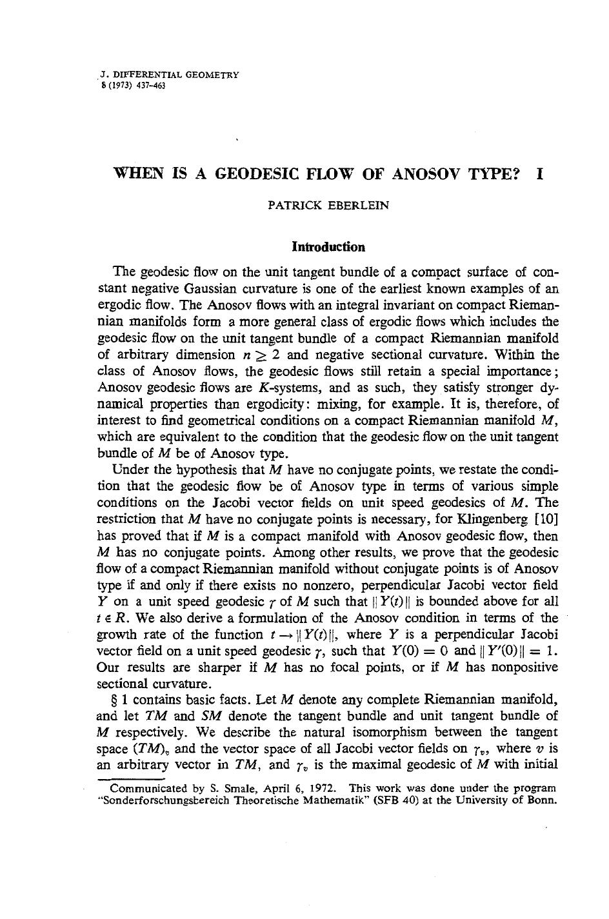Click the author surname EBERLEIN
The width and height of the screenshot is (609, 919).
[x=355, y=206]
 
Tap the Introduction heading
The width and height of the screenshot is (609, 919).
[x=328, y=247]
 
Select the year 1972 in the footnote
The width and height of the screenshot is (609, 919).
[x=329, y=788]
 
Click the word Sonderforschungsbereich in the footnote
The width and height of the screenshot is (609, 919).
[x=161, y=800]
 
